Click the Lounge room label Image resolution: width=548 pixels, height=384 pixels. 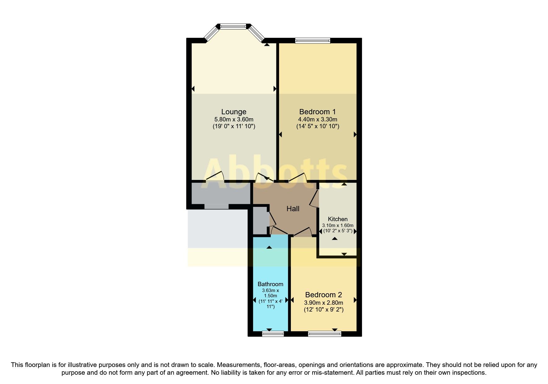coord(234,112)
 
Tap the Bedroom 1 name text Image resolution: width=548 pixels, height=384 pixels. coord(317,112)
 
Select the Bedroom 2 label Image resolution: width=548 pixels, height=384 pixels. coord(323,295)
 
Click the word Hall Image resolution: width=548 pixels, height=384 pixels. coord(293,209)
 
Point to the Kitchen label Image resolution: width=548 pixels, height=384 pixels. coord(338,219)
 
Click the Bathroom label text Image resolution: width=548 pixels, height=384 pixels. coord(270,284)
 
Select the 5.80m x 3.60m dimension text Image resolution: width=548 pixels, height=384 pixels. coord(234,120)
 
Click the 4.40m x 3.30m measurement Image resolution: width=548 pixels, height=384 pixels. coord(317,120)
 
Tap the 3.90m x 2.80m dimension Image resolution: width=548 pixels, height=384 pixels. coord(323,303)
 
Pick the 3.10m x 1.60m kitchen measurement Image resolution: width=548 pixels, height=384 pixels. coord(338,225)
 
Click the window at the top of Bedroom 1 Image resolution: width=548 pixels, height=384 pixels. coord(313,40)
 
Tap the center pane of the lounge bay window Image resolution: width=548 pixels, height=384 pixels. coord(233,27)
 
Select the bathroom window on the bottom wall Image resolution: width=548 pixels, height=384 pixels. coord(273,334)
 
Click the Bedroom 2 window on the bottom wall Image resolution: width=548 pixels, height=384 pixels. coord(324,334)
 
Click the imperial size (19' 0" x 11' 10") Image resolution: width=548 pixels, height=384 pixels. coord(234,126)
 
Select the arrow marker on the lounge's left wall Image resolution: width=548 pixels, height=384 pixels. coord(193,89)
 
